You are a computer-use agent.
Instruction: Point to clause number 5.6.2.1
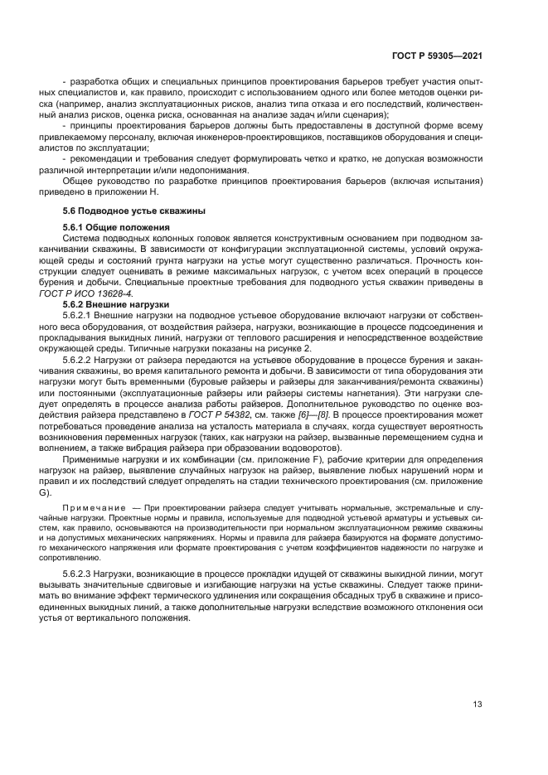click(x=80, y=315)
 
